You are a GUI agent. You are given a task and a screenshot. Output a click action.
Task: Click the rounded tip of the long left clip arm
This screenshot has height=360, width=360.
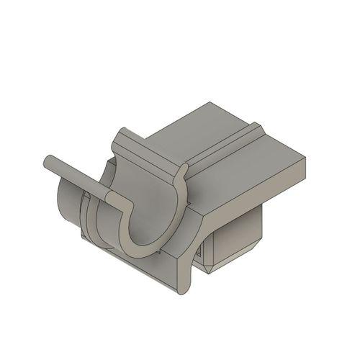tap(50, 161)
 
